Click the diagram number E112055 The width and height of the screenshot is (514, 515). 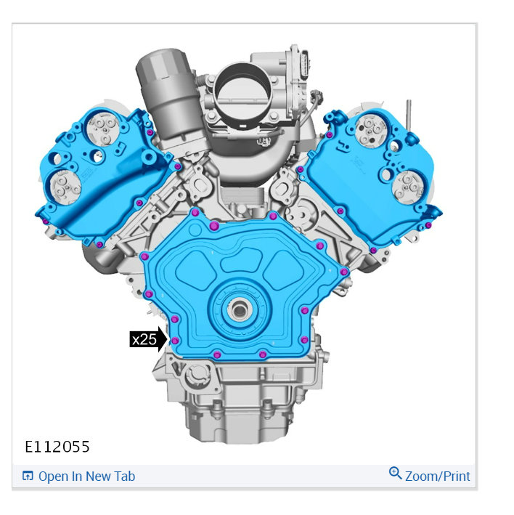57,447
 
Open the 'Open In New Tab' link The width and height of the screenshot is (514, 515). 86,477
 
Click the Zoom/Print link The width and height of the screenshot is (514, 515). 437,477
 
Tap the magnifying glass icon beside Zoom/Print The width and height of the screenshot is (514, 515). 395,473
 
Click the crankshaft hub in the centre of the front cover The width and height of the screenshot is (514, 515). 239,309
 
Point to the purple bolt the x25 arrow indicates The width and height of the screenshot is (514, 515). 175,341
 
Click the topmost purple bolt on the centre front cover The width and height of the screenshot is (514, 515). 195,213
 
